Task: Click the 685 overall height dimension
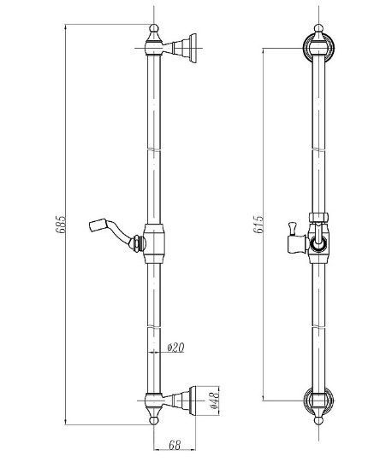pos(61,225)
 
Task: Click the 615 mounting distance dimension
pos(258,225)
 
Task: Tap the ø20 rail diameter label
pos(176,348)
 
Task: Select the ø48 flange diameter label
pos(214,400)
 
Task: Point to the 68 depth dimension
pos(175,445)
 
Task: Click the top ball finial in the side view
pos(154,28)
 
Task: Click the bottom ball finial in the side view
pos(154,420)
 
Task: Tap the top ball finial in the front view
pos(319,28)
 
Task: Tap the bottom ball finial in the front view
pos(319,420)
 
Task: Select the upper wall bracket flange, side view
pos(193,48)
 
